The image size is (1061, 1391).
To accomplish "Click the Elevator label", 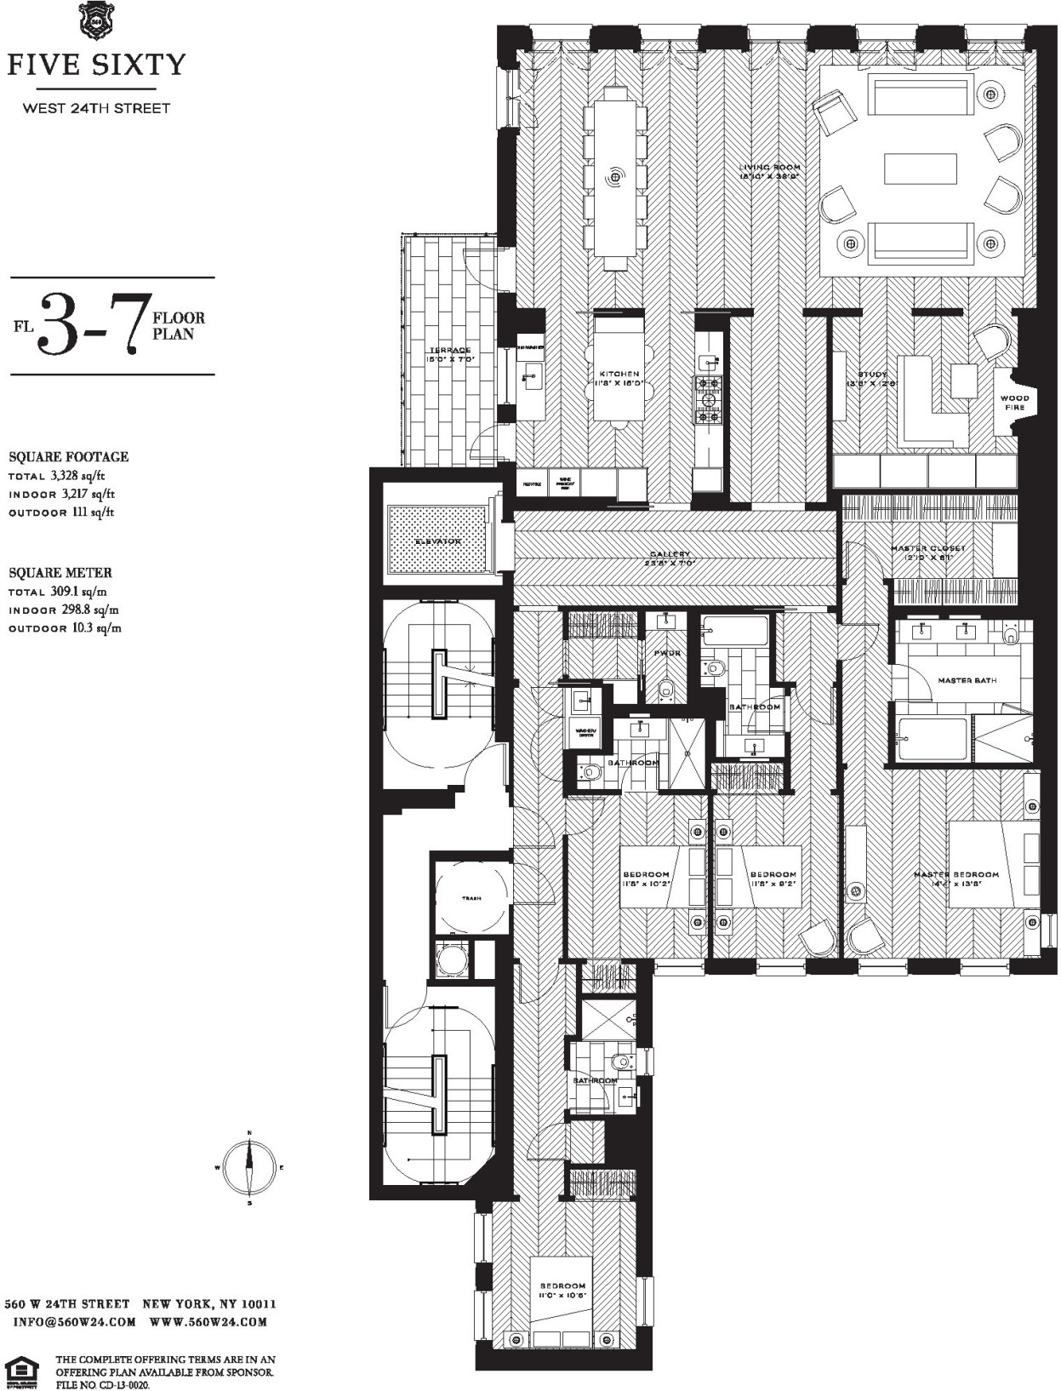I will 437,541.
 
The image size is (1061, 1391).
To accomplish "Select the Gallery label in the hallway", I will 671,554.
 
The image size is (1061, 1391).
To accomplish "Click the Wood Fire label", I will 1014,402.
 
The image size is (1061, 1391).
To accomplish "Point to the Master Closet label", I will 927,548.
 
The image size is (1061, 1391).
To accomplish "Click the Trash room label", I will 471,898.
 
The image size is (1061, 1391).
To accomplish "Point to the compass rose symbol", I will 249,1167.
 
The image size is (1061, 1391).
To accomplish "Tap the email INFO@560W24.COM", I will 75,1322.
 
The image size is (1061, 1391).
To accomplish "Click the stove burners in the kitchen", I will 708,399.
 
